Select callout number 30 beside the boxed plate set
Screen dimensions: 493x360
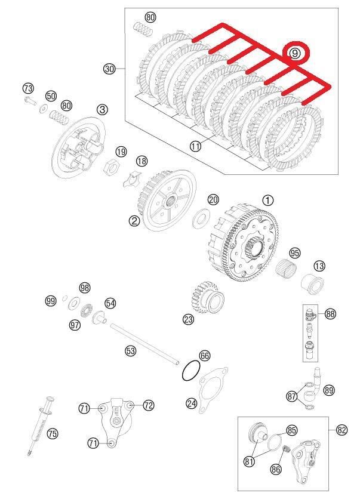pyautogui.click(x=109, y=69)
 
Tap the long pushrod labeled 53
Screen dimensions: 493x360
pyautogui.click(x=143, y=344)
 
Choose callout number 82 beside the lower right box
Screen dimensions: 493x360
pyautogui.click(x=341, y=430)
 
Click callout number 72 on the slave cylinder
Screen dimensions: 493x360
pyautogui.click(x=148, y=405)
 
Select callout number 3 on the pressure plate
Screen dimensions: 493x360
pyautogui.click(x=103, y=109)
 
